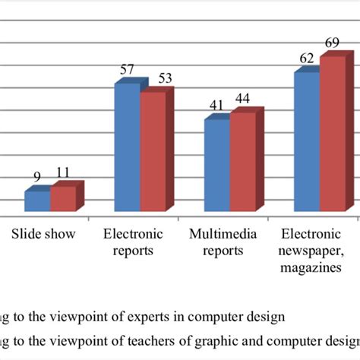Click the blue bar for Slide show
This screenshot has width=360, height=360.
(37, 201)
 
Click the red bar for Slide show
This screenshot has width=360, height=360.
(62, 199)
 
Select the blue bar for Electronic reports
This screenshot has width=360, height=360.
(127, 147)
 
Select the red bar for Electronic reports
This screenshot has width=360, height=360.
(152, 152)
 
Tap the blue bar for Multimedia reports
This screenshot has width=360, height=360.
(216, 166)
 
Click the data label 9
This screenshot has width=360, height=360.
(36, 177)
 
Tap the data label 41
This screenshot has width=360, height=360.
(217, 106)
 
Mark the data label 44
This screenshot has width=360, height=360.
(243, 99)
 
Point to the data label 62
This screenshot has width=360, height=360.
(307, 58)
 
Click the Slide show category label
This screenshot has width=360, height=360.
(43, 234)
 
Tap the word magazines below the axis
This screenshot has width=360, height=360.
(311, 267)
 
